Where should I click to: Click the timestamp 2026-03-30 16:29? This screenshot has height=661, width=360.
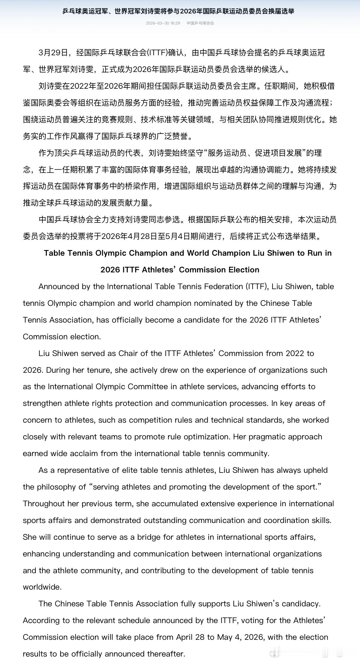tap(163, 23)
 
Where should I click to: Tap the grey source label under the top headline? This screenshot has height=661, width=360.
tap(200, 23)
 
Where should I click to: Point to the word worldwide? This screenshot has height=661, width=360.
tap(42, 587)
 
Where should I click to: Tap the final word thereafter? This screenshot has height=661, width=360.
tap(166, 654)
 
